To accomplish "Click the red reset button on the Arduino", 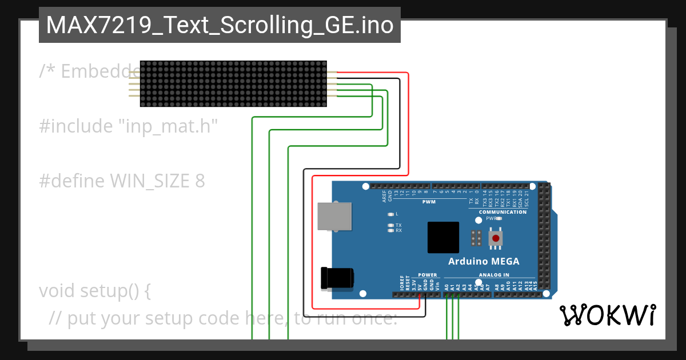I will coord(496,238).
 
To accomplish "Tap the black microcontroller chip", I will coord(443,237).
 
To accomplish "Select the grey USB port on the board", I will coord(334,216).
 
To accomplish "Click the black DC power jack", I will coord(337,278).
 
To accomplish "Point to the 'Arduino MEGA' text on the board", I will coord(484,261).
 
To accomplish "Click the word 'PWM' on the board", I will coord(429,202).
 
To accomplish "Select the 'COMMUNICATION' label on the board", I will coord(502,212).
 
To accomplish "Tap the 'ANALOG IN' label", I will coord(493,275).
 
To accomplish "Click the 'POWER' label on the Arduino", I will coord(427,275).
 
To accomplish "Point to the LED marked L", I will coord(390,214).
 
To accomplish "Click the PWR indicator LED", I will coord(498,218).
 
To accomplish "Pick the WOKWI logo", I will coord(607,314).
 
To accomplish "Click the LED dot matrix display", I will coord(233,83).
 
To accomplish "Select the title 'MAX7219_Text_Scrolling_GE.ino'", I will coord(220,26).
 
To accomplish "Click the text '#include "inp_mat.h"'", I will coord(129,126).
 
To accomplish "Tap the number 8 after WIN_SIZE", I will coord(200,181).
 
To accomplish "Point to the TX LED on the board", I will coord(390,225).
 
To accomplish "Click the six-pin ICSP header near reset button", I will coord(475,238).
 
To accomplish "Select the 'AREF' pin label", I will coord(384,197).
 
